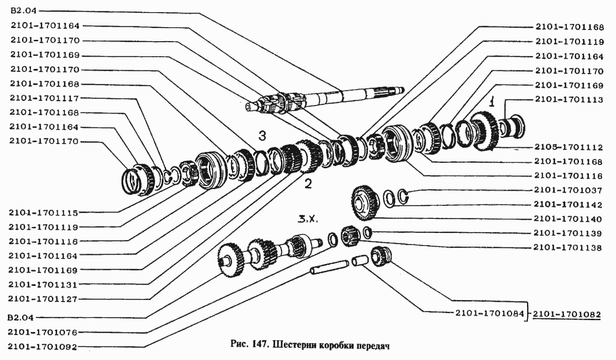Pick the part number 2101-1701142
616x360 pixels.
(567, 204)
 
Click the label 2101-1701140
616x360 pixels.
(567, 218)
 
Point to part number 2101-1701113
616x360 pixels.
(567, 99)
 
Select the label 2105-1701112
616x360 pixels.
(567, 147)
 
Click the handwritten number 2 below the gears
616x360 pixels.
(308, 184)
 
